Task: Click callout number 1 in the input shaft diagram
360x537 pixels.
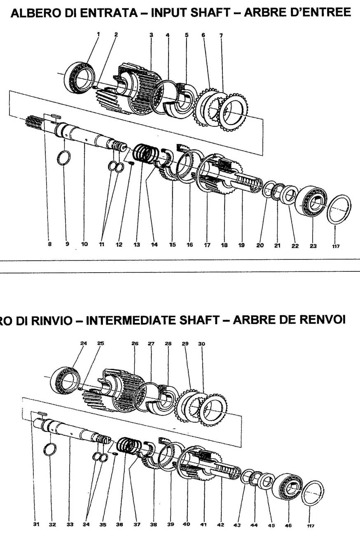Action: [x=98, y=35]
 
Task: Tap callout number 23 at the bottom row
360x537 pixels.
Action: [x=313, y=245]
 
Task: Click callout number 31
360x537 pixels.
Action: [x=36, y=524]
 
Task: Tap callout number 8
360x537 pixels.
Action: [x=49, y=244]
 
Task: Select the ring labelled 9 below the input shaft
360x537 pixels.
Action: [x=63, y=157]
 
